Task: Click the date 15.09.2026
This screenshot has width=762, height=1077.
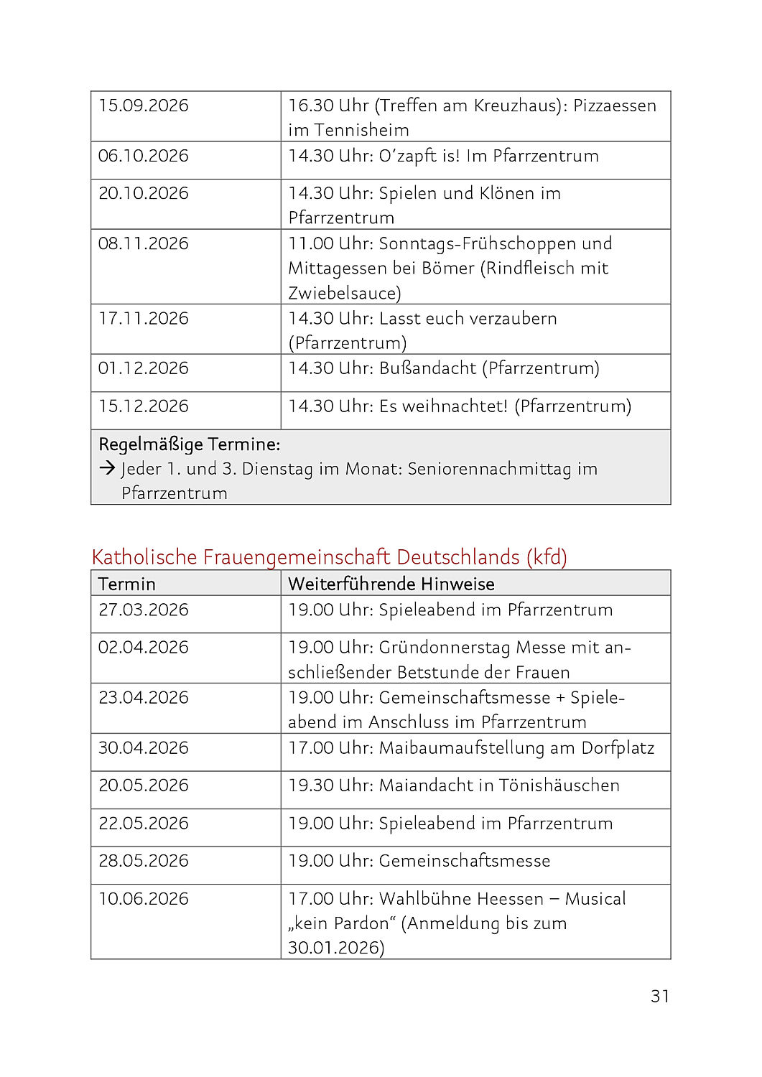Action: point(144,106)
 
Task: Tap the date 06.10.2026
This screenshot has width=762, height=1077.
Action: point(144,156)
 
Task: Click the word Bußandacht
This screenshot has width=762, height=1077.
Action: point(427,368)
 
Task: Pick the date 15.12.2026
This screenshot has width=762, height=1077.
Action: point(144,406)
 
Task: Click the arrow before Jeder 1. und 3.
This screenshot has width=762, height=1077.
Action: point(107,469)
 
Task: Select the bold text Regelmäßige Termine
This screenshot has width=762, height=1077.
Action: point(189,444)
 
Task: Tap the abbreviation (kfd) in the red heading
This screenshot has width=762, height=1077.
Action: point(547,557)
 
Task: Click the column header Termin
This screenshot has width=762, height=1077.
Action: point(127,584)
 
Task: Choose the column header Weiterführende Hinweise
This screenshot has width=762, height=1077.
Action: point(391,584)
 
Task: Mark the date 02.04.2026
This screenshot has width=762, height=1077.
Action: point(144,648)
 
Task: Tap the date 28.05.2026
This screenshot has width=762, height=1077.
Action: point(144,861)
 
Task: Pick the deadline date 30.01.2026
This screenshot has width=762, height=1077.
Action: point(335,948)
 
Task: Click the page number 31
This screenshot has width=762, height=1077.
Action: point(660,996)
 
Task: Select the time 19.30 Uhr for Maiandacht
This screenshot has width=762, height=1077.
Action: point(329,785)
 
